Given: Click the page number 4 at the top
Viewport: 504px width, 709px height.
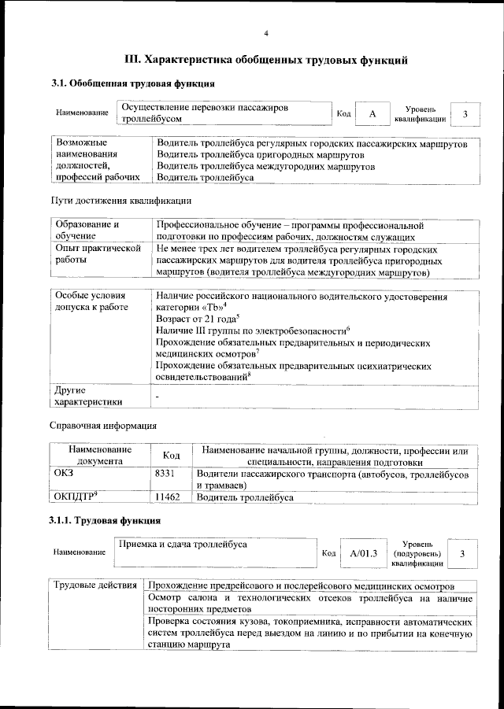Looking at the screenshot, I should [x=266, y=33].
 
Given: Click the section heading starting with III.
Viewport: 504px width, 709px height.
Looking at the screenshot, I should [x=266, y=60].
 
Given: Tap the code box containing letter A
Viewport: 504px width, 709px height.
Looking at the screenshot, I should [x=372, y=115].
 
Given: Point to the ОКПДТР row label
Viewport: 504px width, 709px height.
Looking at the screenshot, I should [x=75, y=497].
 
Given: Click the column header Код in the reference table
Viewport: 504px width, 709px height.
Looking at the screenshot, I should [x=172, y=456].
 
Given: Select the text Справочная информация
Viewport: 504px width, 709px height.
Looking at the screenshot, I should [x=103, y=426].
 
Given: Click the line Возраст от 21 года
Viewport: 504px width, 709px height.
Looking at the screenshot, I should [x=197, y=319].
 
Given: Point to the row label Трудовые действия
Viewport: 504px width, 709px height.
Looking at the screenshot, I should [x=94, y=587].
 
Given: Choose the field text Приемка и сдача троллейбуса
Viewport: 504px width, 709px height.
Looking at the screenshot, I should [x=182, y=545].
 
